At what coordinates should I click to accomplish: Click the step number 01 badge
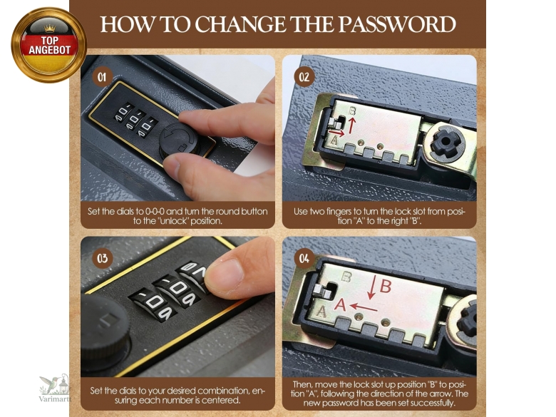102,77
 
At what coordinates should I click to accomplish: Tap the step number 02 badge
304,77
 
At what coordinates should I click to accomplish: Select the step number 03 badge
102,258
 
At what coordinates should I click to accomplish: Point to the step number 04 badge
304,258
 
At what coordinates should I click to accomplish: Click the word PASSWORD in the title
397,24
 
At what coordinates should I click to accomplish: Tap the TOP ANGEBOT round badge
48,45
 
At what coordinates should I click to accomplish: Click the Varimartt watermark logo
55,388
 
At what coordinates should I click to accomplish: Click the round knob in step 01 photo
178,140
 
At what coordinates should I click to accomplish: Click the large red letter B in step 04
386,287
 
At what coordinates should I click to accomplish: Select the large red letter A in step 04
340,304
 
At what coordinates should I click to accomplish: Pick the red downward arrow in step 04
371,287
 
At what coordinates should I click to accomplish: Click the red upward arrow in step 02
351,125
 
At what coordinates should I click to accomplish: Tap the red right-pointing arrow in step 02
336,133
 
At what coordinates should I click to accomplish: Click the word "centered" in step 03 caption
224,401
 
